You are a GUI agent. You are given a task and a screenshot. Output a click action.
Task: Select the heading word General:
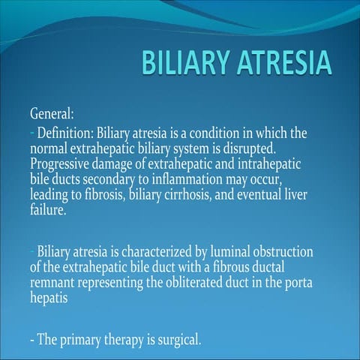point(52,115)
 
